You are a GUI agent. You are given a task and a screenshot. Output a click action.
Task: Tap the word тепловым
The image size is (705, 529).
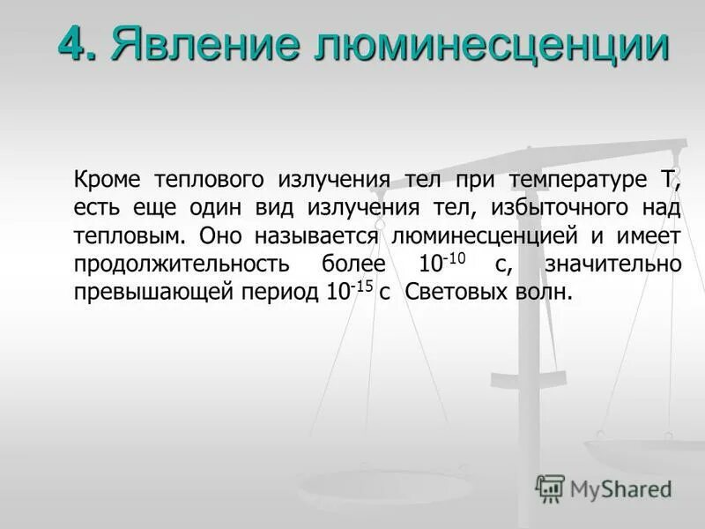129,236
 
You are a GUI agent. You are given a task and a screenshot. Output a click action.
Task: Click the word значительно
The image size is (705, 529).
612,264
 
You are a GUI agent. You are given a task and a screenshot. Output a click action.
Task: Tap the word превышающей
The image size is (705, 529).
152,293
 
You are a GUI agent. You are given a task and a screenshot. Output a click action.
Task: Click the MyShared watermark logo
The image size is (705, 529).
604,488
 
